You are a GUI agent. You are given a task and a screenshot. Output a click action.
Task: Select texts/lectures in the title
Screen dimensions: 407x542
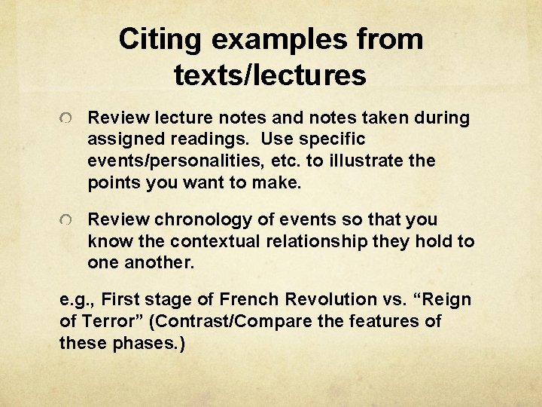(269, 75)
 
